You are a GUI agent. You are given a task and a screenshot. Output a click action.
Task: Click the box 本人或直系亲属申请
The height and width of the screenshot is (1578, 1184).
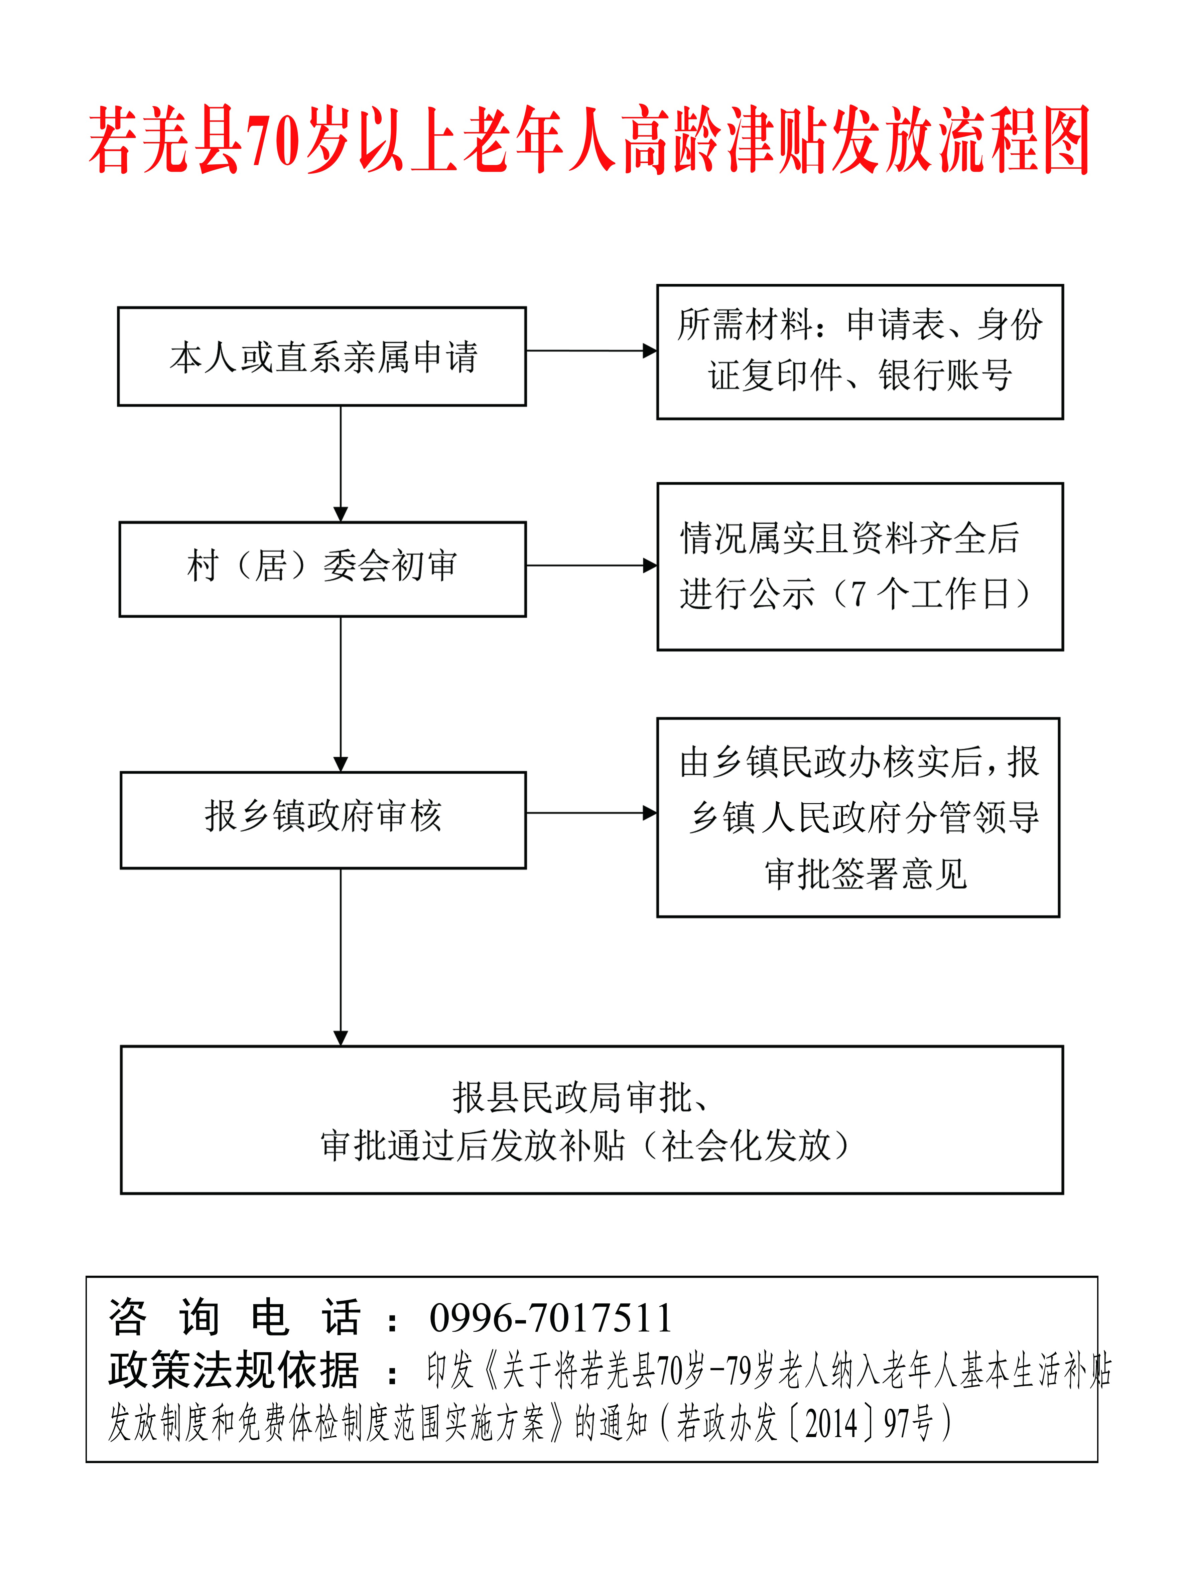pyautogui.click(x=322, y=357)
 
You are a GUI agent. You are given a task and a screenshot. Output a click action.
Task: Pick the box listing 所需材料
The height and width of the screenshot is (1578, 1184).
pyautogui.click(x=860, y=352)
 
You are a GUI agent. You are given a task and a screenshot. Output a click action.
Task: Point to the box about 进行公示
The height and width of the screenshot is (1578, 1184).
pyautogui.click(x=860, y=567)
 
